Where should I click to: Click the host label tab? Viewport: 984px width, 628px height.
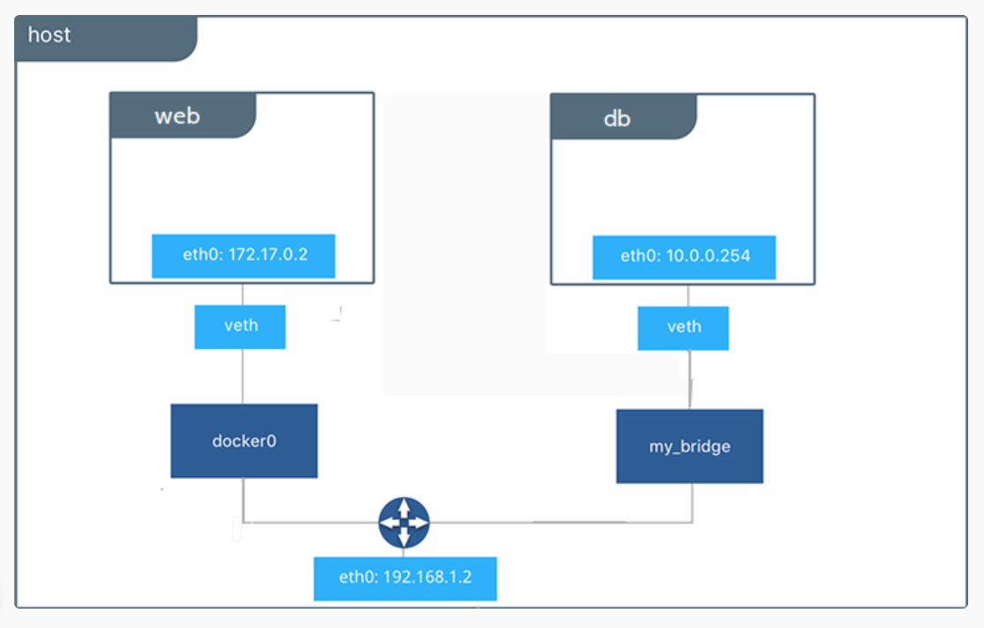105,39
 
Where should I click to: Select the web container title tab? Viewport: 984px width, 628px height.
183,116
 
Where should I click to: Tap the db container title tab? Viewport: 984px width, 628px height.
624,117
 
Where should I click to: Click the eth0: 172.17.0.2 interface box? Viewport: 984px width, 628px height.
244,256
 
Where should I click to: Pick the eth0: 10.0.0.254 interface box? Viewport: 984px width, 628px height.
684,257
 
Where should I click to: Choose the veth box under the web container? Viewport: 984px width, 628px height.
239,327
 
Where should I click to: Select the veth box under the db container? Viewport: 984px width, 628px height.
684,328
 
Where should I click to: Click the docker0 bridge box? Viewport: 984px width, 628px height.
244,441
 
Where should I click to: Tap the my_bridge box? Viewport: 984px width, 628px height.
690,446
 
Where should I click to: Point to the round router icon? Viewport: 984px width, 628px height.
405,523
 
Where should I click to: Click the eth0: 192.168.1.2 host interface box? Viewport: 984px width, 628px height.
405,579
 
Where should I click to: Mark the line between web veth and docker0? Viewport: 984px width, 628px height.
243,376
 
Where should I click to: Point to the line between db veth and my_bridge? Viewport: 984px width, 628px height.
690,380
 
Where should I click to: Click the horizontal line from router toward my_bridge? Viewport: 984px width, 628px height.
561,522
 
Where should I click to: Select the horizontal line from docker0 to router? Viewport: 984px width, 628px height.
311,522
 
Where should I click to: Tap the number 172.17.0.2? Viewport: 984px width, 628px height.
268,254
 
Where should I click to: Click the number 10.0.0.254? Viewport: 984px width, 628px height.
708,256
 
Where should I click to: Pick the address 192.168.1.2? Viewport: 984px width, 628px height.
428,577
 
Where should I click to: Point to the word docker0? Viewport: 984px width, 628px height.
244,441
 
